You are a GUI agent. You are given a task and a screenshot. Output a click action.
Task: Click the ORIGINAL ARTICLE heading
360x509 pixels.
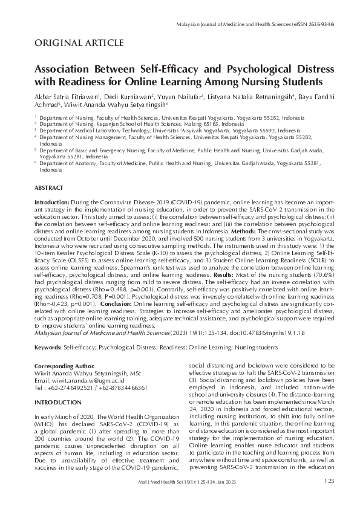pos(80,43)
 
